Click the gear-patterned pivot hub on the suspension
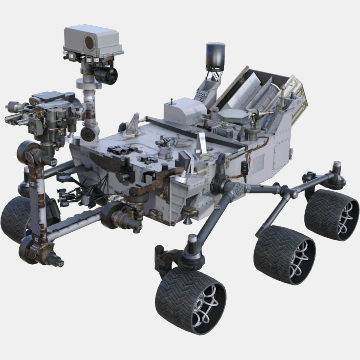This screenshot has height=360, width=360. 240,189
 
